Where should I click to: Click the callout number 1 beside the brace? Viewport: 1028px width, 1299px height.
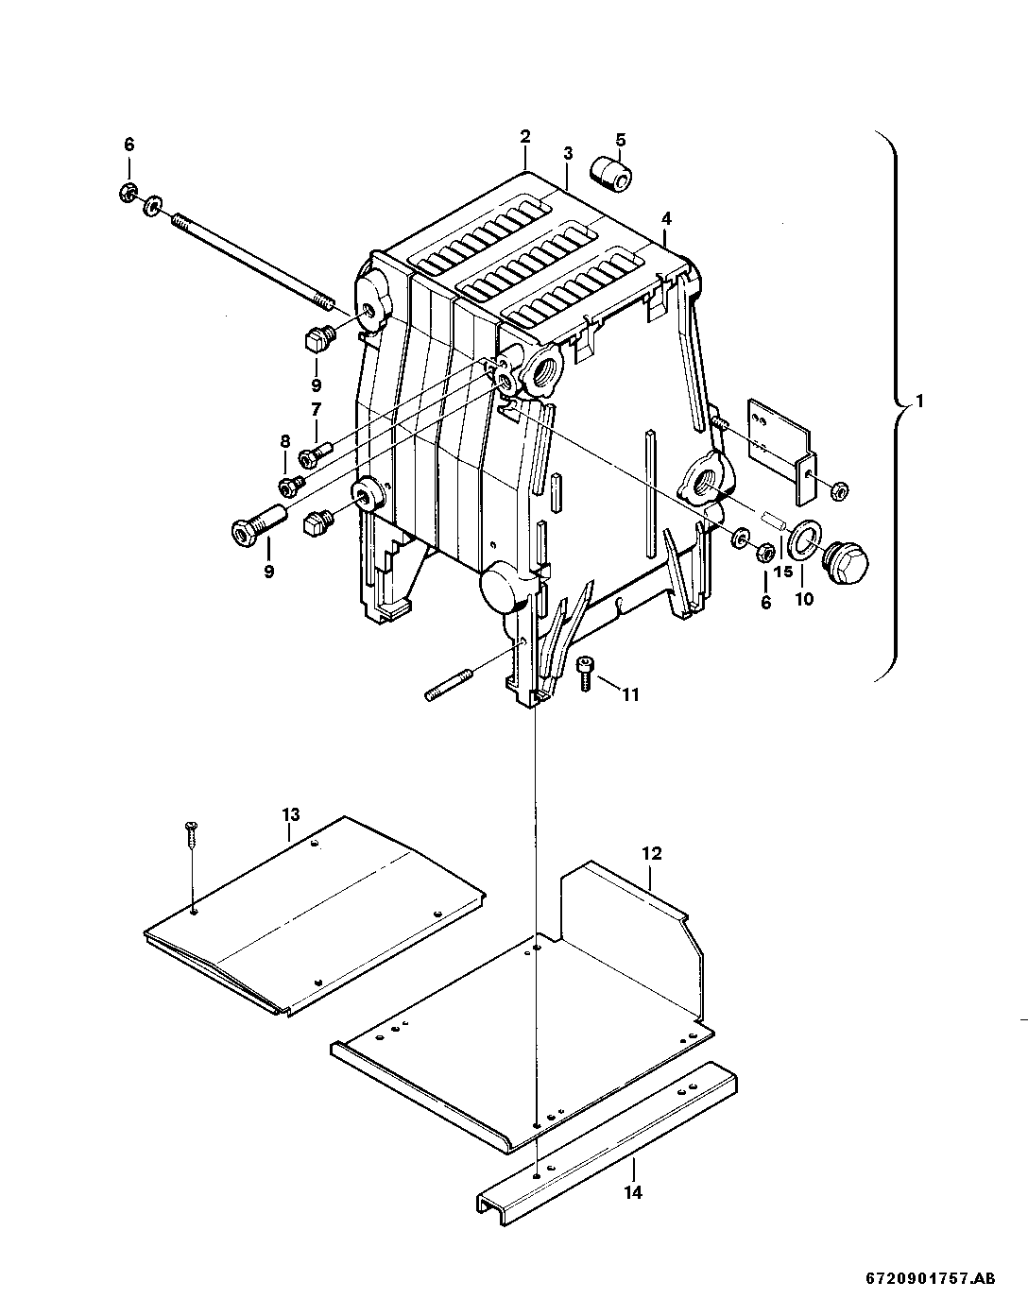920,402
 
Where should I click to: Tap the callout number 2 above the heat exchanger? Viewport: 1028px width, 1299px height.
524,137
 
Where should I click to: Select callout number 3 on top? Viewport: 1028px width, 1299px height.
568,153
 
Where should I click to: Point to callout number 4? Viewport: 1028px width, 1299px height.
666,218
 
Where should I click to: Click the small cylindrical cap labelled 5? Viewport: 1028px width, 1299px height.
609,174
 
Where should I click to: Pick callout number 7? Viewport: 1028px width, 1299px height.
316,409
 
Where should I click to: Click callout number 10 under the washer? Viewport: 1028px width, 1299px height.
803,600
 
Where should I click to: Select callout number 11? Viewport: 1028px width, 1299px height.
630,695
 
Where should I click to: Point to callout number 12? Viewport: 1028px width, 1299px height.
652,853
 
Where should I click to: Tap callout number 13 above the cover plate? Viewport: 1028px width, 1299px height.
290,813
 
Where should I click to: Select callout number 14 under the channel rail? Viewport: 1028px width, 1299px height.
633,1193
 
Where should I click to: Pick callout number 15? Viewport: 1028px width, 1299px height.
783,573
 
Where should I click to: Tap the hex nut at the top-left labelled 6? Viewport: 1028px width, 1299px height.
127,194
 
